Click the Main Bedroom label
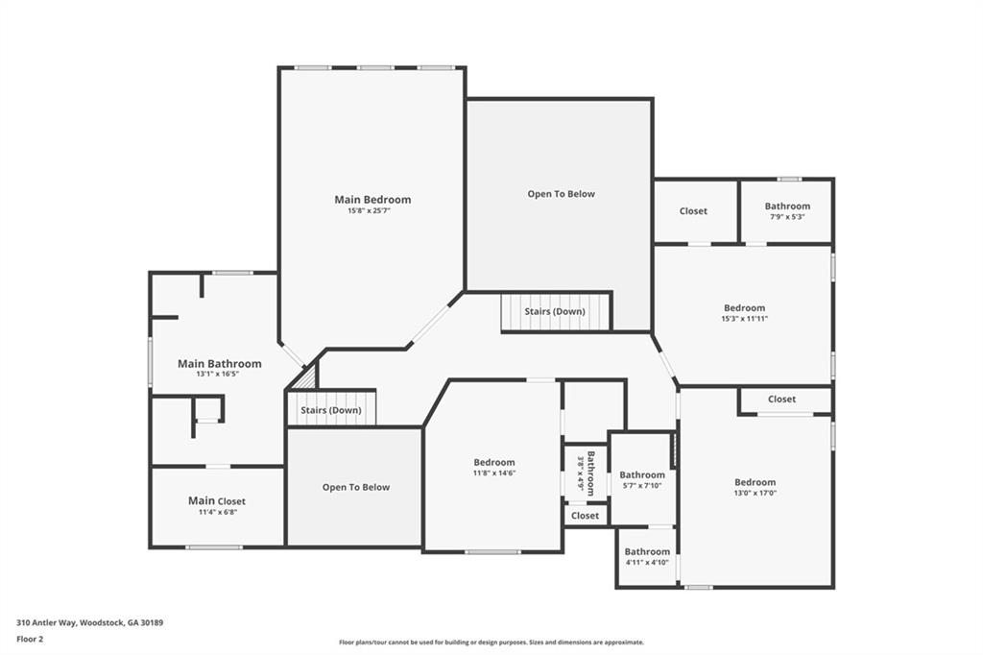372,200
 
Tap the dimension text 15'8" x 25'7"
369,211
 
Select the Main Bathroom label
219,364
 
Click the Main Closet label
216,501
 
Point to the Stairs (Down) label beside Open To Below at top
555,312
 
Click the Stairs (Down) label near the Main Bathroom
330,410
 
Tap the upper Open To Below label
561,194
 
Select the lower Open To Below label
355,487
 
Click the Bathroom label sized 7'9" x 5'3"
787,206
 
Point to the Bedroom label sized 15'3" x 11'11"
744,308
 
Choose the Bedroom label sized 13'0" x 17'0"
755,482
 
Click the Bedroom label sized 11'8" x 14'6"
493,462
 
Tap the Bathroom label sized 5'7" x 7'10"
641,474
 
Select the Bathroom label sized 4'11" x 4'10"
647,551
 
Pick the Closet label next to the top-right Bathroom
693,211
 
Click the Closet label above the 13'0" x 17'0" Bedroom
780,399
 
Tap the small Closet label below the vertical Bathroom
585,516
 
